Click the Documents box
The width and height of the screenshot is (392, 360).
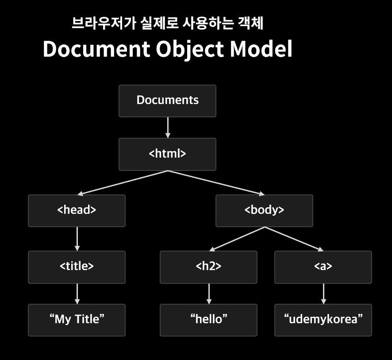tap(167, 101)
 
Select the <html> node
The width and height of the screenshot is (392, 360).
tap(167, 154)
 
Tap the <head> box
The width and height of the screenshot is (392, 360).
tap(77, 210)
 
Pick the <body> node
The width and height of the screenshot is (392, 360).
tap(264, 210)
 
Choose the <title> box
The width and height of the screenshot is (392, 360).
tap(77, 267)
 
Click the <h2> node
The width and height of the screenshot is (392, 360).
tap(208, 267)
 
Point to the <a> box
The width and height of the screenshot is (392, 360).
tap(323, 267)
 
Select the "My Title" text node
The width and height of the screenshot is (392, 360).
tap(77, 319)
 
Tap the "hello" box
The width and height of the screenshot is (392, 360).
tap(208, 319)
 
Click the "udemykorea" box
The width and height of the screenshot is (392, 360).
tap(323, 319)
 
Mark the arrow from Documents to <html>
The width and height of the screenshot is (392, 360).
tap(167, 128)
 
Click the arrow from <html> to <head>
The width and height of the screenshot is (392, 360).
tap(124, 182)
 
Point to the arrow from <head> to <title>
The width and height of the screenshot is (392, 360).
tap(77, 239)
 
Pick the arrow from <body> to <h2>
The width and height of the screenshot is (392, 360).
tap(237, 239)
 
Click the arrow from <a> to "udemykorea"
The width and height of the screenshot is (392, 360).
tap(323, 294)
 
